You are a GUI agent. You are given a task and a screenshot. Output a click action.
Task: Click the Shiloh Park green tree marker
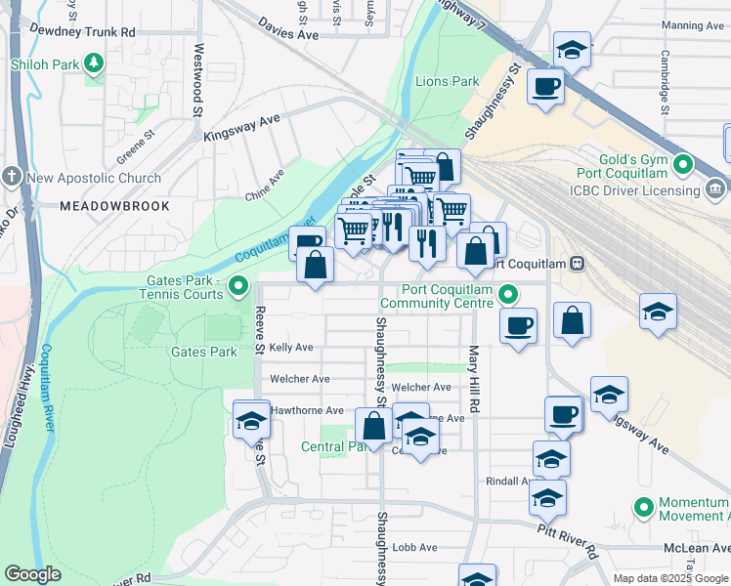pyautogui.click(x=94, y=63)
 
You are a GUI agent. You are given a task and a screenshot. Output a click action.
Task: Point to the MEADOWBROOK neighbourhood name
pyautogui.click(x=114, y=206)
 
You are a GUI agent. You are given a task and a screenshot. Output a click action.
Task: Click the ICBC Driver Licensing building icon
pyautogui.click(x=715, y=187)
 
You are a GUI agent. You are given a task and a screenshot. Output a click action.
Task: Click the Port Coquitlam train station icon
pyautogui.click(x=578, y=262)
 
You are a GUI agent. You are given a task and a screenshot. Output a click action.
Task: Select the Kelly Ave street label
pyautogui.click(x=291, y=347)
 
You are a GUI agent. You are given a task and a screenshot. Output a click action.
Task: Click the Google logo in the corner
pyautogui.click(x=32, y=574)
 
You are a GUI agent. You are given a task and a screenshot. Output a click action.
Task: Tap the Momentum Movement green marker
pyautogui.click(x=644, y=507)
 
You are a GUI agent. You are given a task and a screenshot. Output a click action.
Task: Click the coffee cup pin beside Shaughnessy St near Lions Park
pyautogui.click(x=545, y=86)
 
